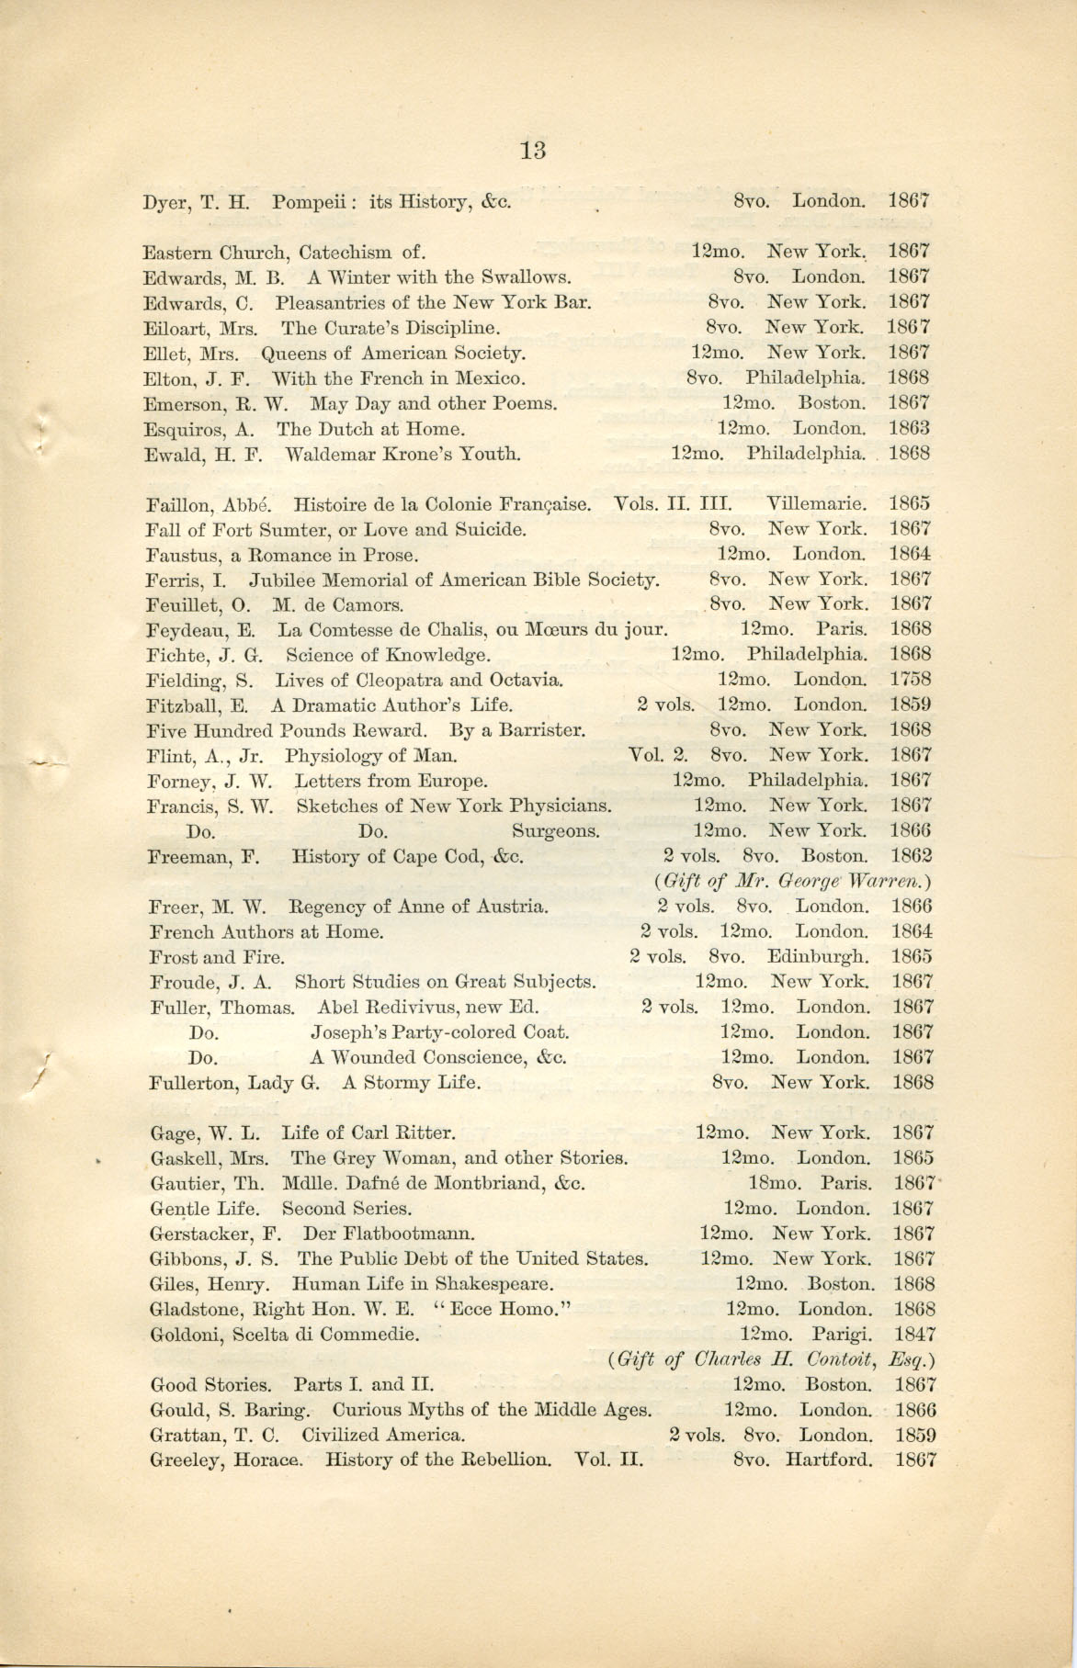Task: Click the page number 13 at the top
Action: [532, 149]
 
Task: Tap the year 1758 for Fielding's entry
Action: [910, 680]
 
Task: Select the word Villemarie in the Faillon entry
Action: [817, 503]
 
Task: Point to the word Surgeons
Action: [556, 831]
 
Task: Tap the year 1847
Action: [914, 1334]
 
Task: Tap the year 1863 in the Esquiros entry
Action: [909, 428]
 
